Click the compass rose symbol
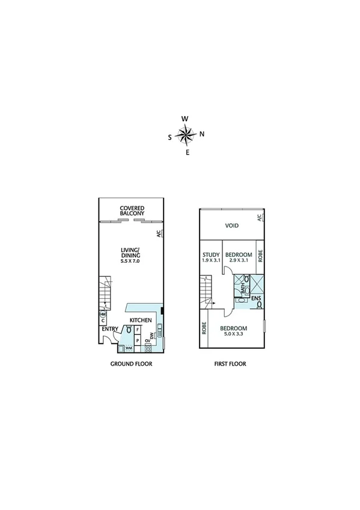click(186, 135)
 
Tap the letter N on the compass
click(202, 134)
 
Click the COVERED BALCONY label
click(131, 211)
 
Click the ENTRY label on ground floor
click(110, 329)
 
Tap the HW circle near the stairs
click(103, 315)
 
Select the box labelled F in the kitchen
click(138, 330)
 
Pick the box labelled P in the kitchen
click(138, 340)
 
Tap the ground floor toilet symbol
click(129, 330)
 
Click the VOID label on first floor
click(232, 226)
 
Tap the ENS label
click(256, 298)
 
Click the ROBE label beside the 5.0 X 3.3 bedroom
click(204, 328)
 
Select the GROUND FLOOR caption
click(131, 364)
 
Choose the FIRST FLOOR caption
click(231, 364)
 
